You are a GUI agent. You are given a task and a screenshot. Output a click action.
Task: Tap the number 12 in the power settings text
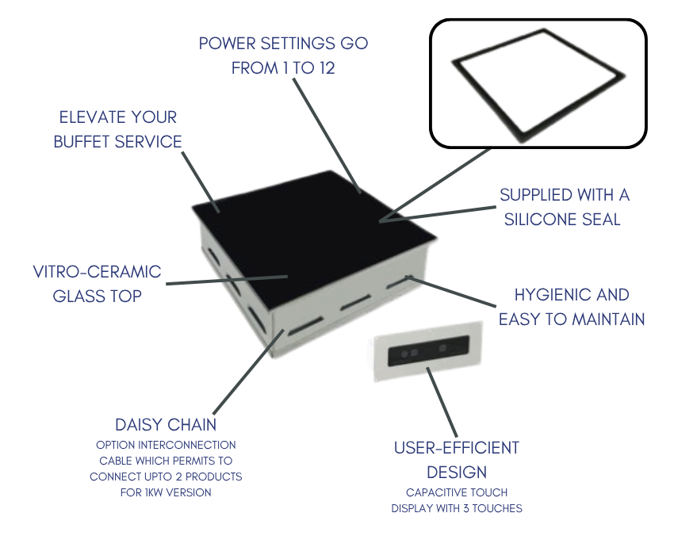[327, 68]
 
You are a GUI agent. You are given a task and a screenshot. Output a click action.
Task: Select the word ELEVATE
[91, 117]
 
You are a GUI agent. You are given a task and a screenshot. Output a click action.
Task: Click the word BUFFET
[82, 142]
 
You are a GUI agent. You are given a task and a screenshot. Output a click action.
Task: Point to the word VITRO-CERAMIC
[98, 272]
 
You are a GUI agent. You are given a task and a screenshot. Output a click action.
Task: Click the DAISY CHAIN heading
[166, 425]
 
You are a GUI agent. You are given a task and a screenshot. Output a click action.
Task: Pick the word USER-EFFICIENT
[457, 448]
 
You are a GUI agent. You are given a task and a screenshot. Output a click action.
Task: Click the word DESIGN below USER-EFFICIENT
[457, 473]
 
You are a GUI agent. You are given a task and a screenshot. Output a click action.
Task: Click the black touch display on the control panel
[428, 350]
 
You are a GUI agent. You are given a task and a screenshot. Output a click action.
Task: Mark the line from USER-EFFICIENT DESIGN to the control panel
[442, 402]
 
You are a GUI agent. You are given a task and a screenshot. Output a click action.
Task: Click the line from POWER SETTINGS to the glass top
[327, 136]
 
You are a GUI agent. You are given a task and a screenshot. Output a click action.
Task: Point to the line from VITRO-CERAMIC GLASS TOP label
[227, 281]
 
